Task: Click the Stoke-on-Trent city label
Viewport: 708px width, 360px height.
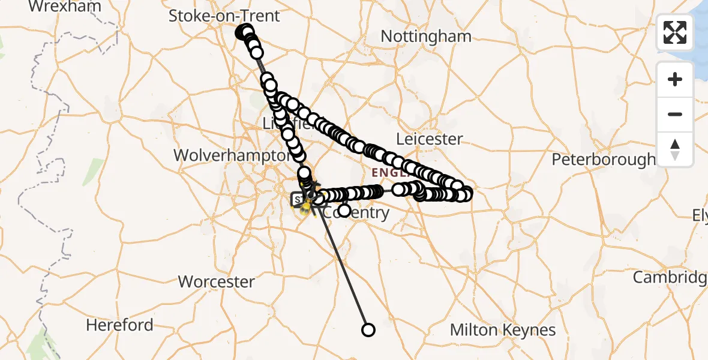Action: click(224, 16)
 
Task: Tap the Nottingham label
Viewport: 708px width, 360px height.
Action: click(426, 36)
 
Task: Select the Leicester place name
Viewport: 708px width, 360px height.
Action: click(430, 139)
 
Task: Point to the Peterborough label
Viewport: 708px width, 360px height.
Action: click(603, 160)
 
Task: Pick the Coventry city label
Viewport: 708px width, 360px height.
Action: click(362, 213)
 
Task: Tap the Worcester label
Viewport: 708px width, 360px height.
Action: click(217, 281)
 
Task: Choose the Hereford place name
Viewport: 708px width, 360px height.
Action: click(119, 325)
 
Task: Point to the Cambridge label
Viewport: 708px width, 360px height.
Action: click(670, 277)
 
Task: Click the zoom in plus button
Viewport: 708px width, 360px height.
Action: click(675, 79)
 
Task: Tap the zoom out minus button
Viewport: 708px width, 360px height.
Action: click(675, 114)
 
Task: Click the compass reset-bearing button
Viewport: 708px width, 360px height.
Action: click(675, 149)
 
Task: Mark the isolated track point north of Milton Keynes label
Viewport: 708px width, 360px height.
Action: click(368, 330)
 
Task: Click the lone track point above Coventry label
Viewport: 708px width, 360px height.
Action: click(344, 211)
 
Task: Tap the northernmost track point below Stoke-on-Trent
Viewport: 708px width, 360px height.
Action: click(246, 31)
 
